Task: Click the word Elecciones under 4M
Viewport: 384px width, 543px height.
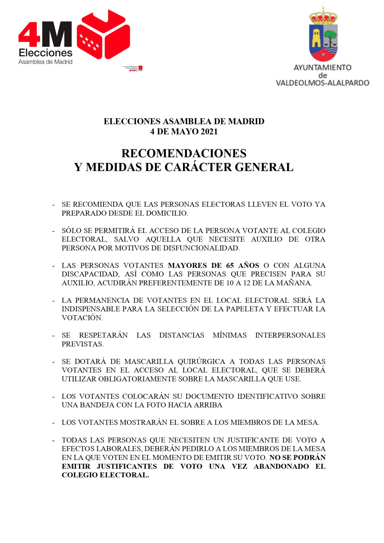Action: click(x=45, y=53)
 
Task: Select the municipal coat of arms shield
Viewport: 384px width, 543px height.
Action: click(x=323, y=42)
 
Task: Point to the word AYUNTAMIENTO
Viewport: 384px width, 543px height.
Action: click(x=322, y=67)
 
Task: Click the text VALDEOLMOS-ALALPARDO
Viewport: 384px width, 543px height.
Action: click(x=322, y=83)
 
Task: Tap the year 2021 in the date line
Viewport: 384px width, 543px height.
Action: click(x=209, y=132)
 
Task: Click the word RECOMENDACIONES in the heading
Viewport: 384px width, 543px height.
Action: click(x=184, y=153)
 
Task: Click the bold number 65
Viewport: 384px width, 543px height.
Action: click(x=230, y=265)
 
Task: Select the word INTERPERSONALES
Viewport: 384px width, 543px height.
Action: click(x=290, y=335)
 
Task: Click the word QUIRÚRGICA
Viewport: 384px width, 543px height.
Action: click(x=201, y=361)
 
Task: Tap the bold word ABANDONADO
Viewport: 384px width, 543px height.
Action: click(x=281, y=466)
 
